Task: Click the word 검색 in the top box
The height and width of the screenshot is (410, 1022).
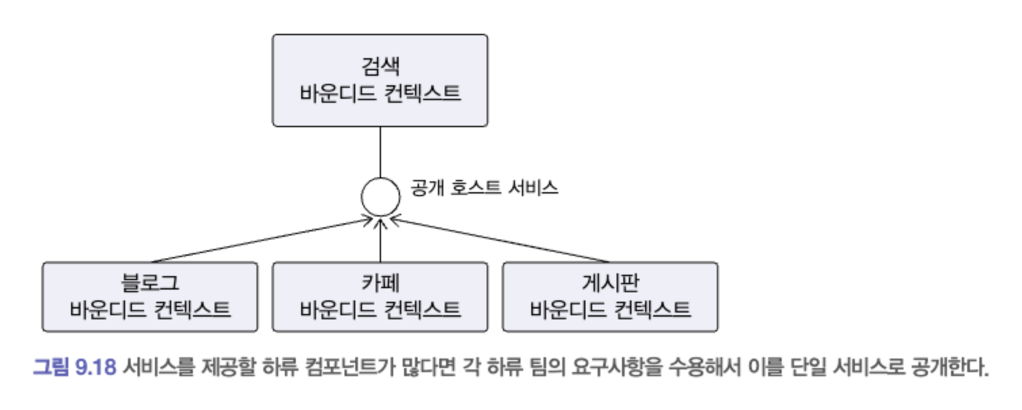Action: pyautogui.click(x=380, y=67)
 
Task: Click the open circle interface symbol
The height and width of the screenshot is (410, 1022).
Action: pyautogui.click(x=380, y=197)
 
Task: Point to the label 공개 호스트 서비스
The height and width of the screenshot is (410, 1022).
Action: pyautogui.click(x=484, y=188)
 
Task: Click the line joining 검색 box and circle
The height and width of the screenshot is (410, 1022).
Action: pyautogui.click(x=380, y=152)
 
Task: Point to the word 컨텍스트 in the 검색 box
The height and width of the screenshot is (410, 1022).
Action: pyautogui.click(x=422, y=93)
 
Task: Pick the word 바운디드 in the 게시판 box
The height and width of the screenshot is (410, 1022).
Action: pyautogui.click(x=566, y=309)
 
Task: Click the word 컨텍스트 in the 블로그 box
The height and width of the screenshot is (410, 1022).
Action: pyautogui.click(x=192, y=309)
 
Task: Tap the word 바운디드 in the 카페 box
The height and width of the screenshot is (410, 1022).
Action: pyautogui.click(x=336, y=309)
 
